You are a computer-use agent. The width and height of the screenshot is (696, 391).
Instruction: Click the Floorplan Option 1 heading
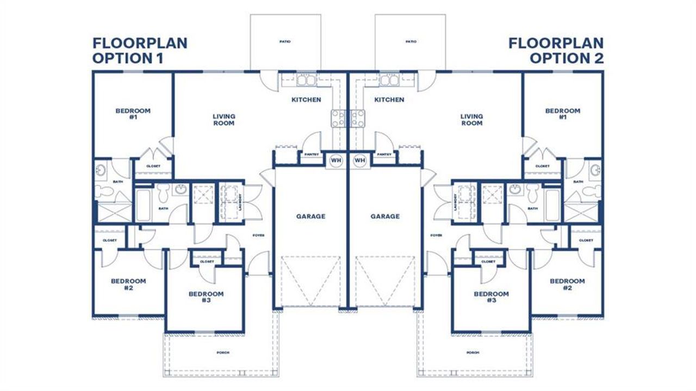pos(139,51)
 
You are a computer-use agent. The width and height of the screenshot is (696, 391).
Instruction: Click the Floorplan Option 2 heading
pos(556,51)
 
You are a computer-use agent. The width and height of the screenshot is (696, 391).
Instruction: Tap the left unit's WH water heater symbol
pos(335,160)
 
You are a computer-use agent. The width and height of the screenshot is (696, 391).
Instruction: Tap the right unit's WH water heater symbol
pos(359,160)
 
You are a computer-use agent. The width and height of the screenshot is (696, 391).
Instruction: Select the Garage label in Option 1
pos(310,216)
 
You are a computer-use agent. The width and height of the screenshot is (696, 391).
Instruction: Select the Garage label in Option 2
pos(385,216)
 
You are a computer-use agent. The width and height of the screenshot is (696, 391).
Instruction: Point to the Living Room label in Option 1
pos(223,120)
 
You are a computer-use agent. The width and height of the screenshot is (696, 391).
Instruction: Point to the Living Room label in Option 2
pos(471,120)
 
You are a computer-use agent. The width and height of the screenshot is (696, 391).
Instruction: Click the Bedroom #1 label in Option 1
pos(133,114)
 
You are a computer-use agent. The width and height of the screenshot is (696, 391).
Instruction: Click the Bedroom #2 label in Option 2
pos(567,284)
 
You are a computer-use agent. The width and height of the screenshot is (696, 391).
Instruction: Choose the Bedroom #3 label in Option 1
pos(206,297)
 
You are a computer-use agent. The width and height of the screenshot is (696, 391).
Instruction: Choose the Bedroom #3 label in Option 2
pos(491,297)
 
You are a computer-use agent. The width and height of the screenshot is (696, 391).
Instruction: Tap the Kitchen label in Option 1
pos(306,100)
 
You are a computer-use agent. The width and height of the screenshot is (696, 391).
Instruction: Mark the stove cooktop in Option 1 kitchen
pos(337,118)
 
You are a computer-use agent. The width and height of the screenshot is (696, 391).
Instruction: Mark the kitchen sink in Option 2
pos(389,81)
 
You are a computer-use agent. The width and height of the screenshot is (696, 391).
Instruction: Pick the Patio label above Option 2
pos(411,42)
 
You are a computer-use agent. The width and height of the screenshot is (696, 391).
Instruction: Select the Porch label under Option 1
pos(223,353)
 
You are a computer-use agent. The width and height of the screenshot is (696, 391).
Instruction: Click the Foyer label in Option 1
pos(258,235)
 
